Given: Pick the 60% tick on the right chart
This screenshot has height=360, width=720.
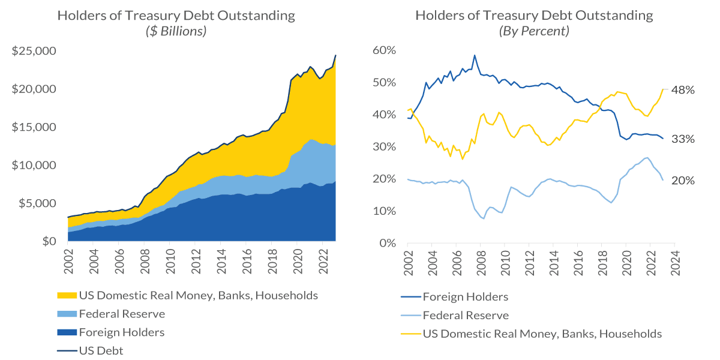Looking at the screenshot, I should [x=385, y=50].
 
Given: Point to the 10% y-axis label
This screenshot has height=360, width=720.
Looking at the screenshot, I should [x=385, y=211].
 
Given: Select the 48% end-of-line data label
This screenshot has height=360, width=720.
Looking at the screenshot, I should [x=683, y=90].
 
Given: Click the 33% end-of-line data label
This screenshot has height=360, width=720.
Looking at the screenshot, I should [x=683, y=139].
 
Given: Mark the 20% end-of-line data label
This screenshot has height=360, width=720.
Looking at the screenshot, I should [x=683, y=180].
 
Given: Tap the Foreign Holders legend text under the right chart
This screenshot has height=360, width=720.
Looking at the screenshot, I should [x=465, y=297].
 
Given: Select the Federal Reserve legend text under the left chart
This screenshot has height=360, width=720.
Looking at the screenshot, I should [x=122, y=314].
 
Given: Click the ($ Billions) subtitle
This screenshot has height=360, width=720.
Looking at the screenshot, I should [x=176, y=31].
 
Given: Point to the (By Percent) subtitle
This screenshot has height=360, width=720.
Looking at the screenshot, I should [x=535, y=31].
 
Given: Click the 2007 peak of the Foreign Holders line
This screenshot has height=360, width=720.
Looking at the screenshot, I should [x=475, y=55].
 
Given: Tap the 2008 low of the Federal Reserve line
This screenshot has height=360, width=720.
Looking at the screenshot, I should [x=483, y=218].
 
